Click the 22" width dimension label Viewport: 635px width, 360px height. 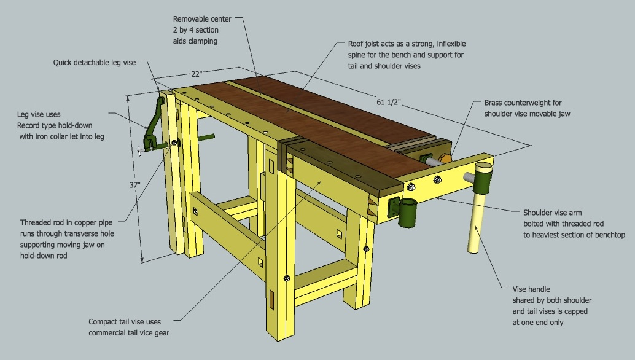tap(195, 74)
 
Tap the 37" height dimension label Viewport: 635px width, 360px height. tap(134, 184)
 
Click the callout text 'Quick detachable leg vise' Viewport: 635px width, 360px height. tap(94, 63)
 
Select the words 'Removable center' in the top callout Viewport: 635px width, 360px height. tap(202, 19)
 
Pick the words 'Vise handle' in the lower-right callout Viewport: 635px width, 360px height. tap(531, 289)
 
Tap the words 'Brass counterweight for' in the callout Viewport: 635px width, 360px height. tap(523, 103)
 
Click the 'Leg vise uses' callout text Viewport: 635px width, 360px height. tap(38, 115)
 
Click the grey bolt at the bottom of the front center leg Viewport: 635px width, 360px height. tap(287, 279)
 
